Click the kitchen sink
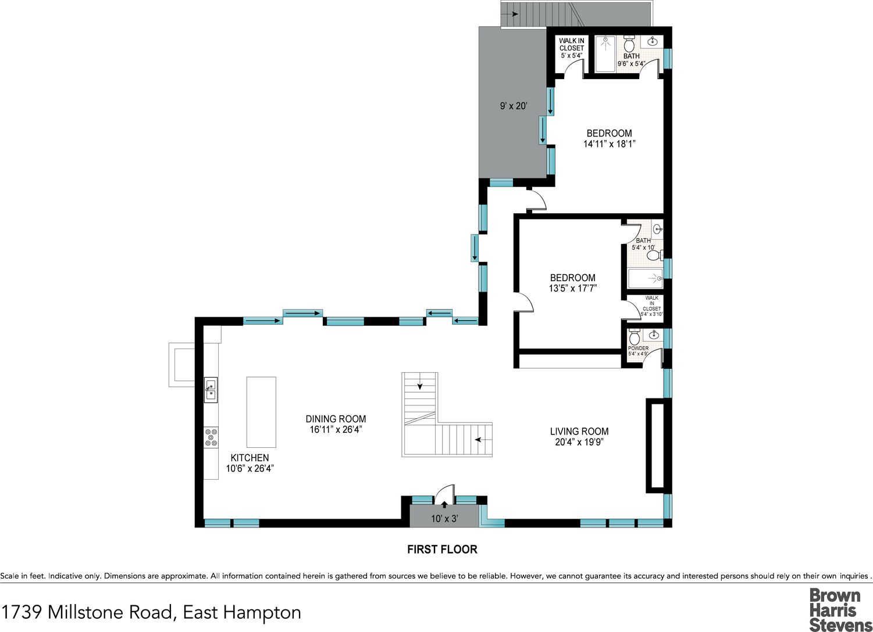[x=211, y=390]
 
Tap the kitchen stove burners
[x=211, y=437]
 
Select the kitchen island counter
[x=261, y=412]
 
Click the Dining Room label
[x=336, y=419]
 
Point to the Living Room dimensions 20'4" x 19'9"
[x=579, y=442]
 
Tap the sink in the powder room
[x=654, y=335]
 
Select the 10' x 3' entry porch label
[x=444, y=518]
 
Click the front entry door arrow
[x=444, y=505]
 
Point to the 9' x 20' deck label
[x=514, y=106]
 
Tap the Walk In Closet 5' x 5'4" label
[x=572, y=48]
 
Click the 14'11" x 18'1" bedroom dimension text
[x=609, y=144]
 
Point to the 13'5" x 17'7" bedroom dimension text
[x=572, y=288]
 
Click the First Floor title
[x=443, y=549]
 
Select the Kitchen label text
[x=250, y=458]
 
